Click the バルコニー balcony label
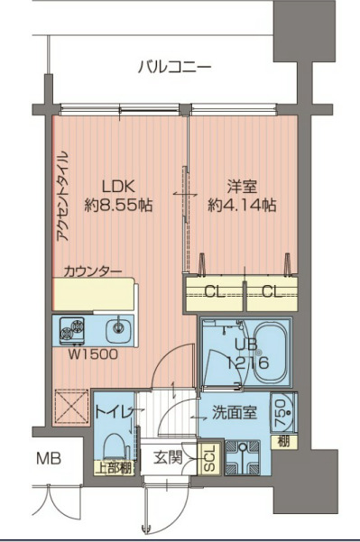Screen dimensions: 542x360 [175, 67]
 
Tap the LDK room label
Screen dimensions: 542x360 [117, 187]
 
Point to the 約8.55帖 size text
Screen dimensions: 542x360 [118, 206]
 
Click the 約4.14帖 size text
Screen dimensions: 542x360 [243, 206]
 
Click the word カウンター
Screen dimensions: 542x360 [93, 270]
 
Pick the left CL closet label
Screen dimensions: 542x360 [215, 291]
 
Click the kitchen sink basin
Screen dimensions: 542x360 [115, 328]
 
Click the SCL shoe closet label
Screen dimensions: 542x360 [207, 457]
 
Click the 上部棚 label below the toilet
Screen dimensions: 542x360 [114, 467]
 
